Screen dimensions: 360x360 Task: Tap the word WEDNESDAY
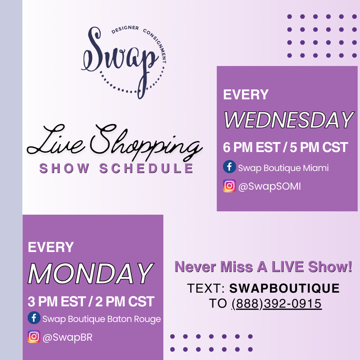coord(288,120)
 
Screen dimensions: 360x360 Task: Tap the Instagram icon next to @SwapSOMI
coord(229,186)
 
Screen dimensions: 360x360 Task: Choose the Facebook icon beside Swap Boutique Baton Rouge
coord(34,319)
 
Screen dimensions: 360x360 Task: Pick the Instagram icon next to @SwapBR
coord(34,337)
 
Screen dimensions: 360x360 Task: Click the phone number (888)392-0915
coord(276,304)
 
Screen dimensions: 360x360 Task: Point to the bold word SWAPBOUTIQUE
coord(284,288)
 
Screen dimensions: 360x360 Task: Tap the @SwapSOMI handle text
coord(270,186)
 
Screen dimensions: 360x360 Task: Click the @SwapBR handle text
coord(67,337)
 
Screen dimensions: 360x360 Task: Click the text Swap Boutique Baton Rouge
coord(102,319)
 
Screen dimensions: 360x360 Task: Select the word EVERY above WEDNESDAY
coord(246,95)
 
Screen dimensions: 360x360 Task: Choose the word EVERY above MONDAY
coord(50,247)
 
